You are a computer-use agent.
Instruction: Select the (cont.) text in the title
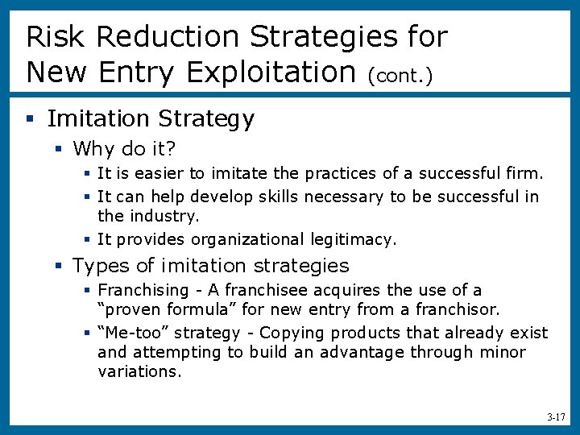click(x=400, y=76)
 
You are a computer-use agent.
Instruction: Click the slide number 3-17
click(x=556, y=418)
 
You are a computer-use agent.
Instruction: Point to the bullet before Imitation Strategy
click(x=30, y=120)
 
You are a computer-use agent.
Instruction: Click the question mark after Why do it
click(x=170, y=149)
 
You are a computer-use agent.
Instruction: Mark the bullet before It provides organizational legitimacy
click(x=86, y=239)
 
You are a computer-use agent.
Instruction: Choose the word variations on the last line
click(x=139, y=371)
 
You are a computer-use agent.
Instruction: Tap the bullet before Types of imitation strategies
click(x=58, y=266)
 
